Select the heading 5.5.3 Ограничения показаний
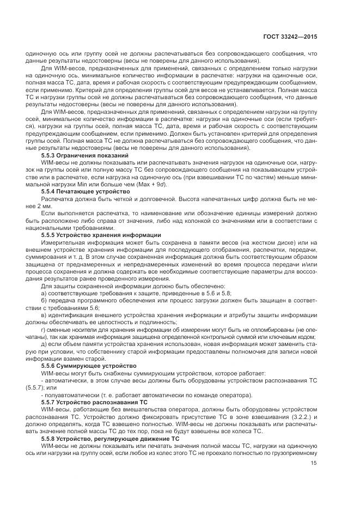coord(84,155)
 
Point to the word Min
coord(75,185)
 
